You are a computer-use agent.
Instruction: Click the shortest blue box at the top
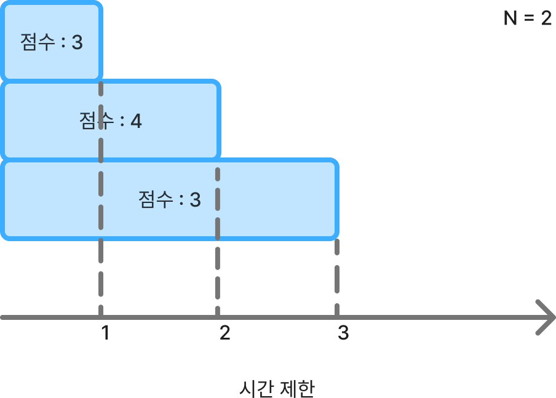coord(52,42)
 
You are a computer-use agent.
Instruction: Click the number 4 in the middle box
coord(136,121)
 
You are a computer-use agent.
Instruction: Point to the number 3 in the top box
coord(77,43)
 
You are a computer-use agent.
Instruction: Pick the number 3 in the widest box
coord(195,200)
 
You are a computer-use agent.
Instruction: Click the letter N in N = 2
coord(510,19)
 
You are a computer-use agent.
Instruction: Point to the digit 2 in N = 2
coord(546,19)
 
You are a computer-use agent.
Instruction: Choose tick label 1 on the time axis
coord(106,333)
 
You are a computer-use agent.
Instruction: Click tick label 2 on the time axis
coord(224,333)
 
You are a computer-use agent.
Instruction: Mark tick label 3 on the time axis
coord(343,333)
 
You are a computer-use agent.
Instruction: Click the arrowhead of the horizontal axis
coord(544,317)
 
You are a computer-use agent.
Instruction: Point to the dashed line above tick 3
coord(336,277)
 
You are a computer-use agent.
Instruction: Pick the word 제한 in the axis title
coord(297,389)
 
